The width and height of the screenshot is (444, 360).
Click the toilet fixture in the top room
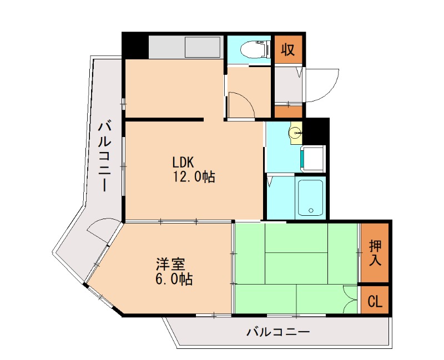[x=254, y=49]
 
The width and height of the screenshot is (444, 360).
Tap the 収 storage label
[x=287, y=49]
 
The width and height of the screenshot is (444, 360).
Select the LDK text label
[x=183, y=162]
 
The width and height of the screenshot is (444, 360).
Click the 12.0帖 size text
[x=194, y=177]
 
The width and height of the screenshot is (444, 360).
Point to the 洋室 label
[x=170, y=264]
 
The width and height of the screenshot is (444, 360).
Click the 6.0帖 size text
[x=174, y=279]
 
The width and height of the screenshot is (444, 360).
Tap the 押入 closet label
[x=375, y=253]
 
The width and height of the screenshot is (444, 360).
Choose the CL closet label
[x=375, y=301]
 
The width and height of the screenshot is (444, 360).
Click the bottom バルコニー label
[x=278, y=331]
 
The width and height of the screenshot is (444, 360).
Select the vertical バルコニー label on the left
[x=104, y=156]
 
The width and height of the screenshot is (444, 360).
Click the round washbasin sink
[x=295, y=133]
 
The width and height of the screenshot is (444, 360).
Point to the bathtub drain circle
[x=311, y=210]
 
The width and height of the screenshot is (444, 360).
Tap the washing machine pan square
[x=314, y=158]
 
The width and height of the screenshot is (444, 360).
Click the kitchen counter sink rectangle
[x=203, y=47]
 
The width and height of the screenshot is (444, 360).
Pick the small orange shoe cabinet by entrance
[x=287, y=111]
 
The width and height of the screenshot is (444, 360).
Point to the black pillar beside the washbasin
[x=316, y=131]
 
